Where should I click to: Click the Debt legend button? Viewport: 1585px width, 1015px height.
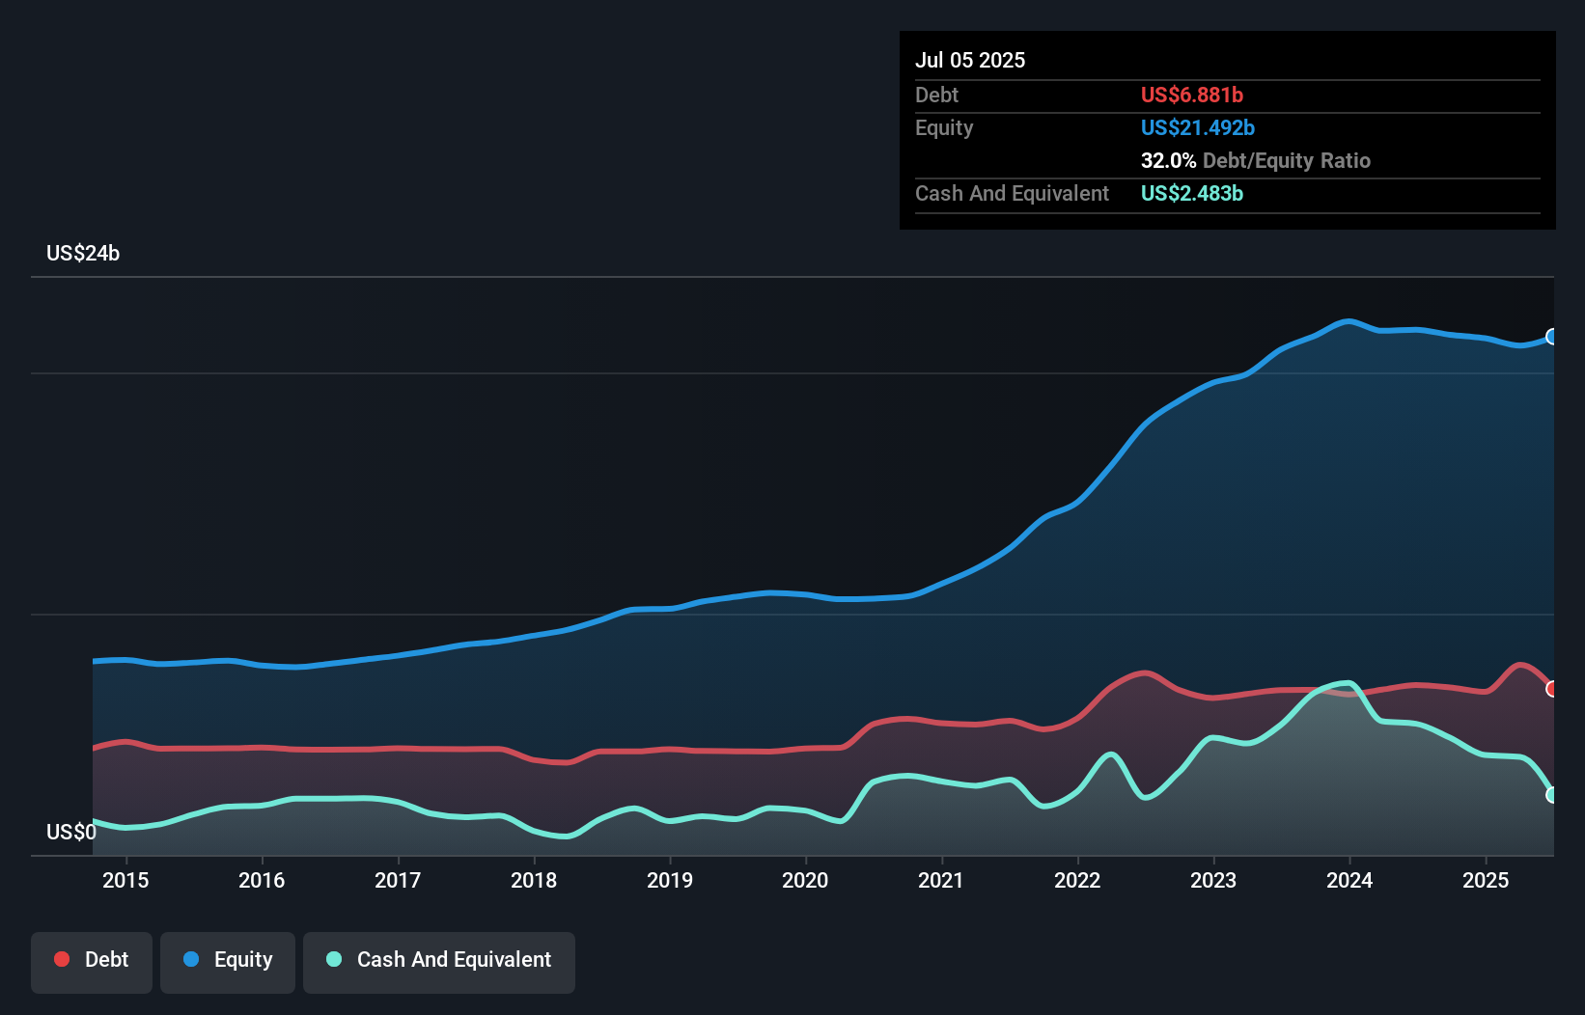click(x=92, y=960)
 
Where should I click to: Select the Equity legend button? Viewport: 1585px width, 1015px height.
click(x=228, y=960)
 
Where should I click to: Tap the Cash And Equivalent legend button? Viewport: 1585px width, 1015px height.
click(x=439, y=960)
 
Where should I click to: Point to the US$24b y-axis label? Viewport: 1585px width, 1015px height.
click(x=83, y=254)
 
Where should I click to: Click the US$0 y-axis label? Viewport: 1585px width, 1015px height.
click(x=71, y=832)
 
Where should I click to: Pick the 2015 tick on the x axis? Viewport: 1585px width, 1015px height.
click(x=125, y=880)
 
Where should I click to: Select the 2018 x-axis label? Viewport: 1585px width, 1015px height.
click(x=534, y=880)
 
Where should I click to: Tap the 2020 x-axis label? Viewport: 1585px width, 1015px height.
click(x=805, y=880)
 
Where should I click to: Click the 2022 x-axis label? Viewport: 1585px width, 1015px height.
click(x=1077, y=880)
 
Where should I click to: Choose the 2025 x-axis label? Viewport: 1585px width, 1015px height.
click(x=1486, y=880)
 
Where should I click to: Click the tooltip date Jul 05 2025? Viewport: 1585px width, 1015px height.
click(x=970, y=60)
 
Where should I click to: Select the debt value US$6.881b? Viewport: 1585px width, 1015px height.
click(x=1191, y=95)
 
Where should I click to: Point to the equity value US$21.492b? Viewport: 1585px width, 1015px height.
click(x=1197, y=127)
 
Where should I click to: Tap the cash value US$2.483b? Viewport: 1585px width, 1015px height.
click(x=1191, y=193)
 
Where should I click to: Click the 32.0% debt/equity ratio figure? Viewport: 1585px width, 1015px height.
click(x=1168, y=160)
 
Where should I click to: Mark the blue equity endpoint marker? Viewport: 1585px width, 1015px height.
click(x=1551, y=337)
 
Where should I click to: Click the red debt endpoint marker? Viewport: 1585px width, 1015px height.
click(x=1551, y=689)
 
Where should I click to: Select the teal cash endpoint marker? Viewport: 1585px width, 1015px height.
click(x=1551, y=795)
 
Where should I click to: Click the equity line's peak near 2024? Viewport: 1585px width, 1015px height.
click(x=1349, y=321)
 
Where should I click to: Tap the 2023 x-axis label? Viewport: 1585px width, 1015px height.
click(x=1213, y=880)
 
